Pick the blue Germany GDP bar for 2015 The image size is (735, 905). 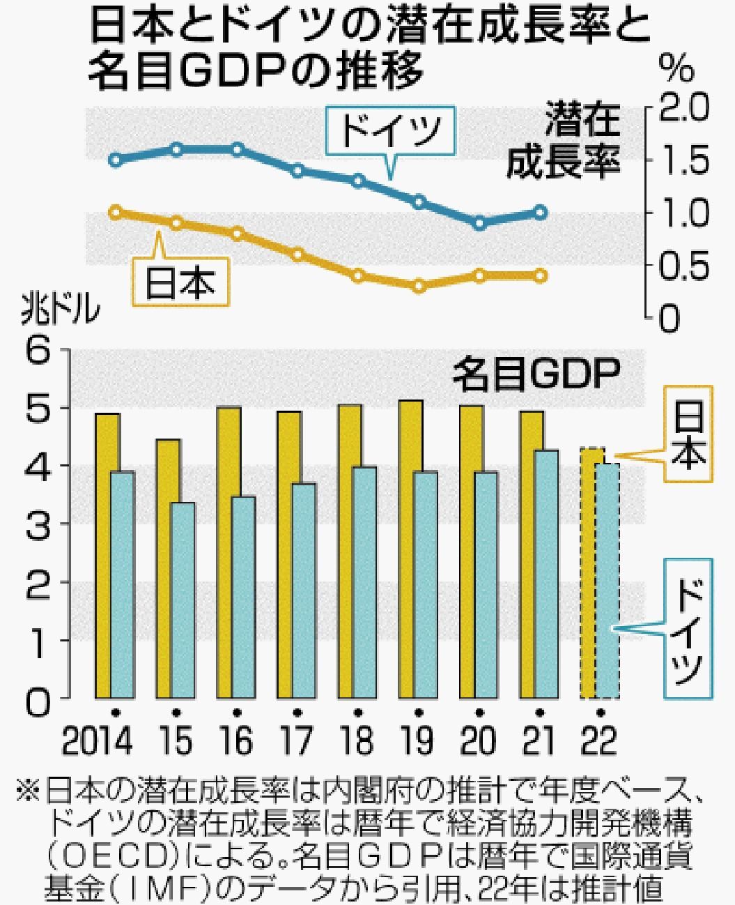(x=183, y=600)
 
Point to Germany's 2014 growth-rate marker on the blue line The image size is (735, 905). (x=116, y=160)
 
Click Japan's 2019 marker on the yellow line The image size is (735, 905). (x=419, y=286)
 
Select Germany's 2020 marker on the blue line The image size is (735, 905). (x=479, y=223)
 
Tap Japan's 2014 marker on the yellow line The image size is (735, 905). (x=116, y=212)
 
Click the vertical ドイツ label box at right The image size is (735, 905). (x=688, y=628)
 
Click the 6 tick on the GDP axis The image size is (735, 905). (x=40, y=350)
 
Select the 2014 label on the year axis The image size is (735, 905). (x=97, y=740)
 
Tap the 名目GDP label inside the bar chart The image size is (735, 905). (x=536, y=377)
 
